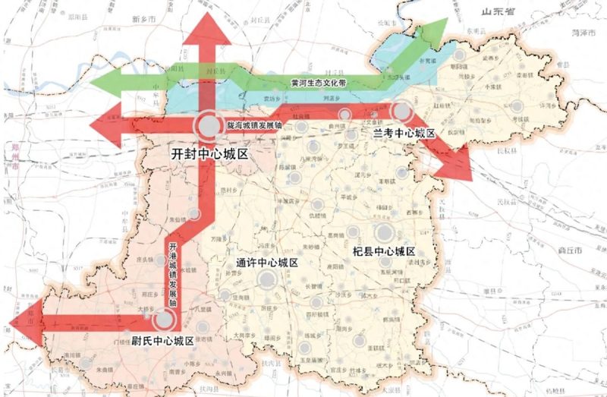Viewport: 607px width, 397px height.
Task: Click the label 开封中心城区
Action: [x=210, y=153]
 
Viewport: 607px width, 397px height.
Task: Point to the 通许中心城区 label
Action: [x=265, y=263]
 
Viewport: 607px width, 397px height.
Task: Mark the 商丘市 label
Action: [x=589, y=249]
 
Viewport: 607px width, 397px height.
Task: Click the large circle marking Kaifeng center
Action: [x=207, y=124]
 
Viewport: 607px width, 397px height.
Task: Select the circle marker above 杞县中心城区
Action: [x=385, y=232]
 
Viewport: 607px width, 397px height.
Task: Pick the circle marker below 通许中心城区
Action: [x=266, y=280]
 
